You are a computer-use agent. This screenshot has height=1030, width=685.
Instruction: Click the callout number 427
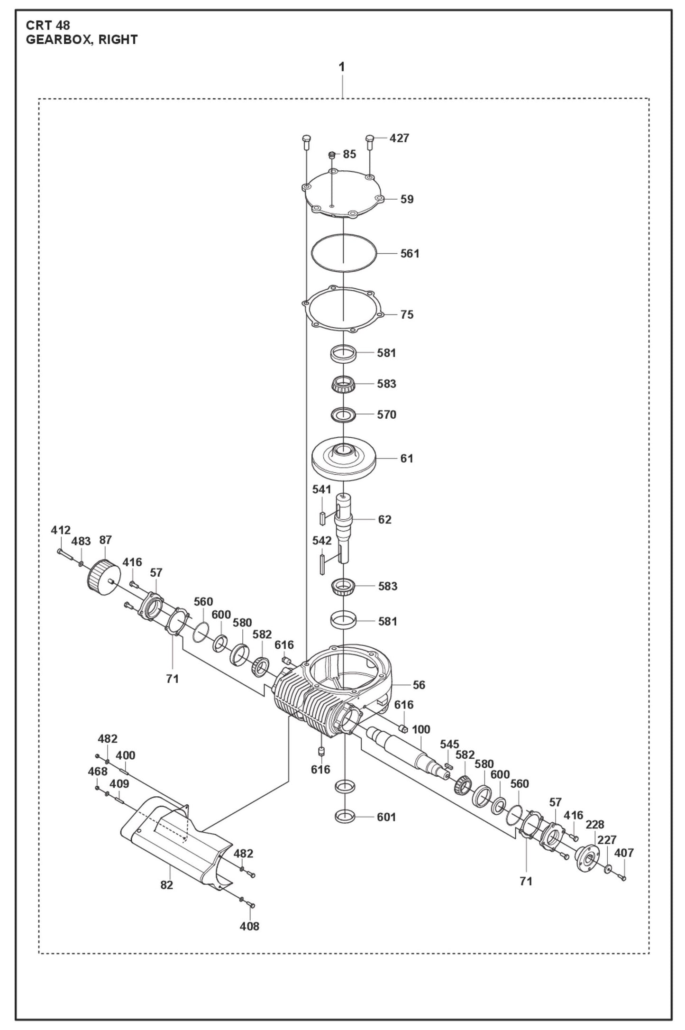(x=399, y=138)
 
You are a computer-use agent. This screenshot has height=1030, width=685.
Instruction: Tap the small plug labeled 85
(x=332, y=155)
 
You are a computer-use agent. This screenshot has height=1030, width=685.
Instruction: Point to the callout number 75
(x=407, y=314)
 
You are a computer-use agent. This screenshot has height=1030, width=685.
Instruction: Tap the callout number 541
(x=321, y=489)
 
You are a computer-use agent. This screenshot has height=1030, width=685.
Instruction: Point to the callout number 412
(x=61, y=530)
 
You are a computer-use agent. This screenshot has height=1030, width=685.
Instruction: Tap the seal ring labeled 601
(x=345, y=817)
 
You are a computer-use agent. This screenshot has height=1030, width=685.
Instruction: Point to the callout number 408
(x=249, y=926)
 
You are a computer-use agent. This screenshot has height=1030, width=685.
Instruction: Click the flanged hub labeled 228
(x=586, y=856)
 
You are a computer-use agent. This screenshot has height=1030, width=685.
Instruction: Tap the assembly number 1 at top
(x=342, y=67)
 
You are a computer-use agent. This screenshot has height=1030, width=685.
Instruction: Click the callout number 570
(x=386, y=414)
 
